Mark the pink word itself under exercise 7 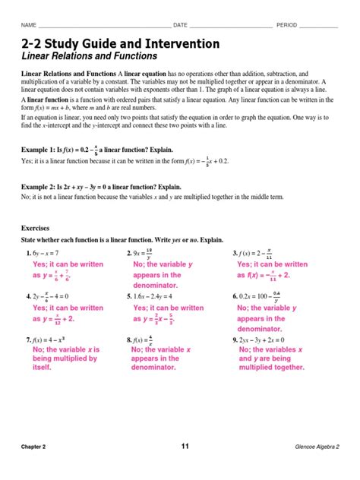(42, 367)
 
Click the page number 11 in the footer (185, 446)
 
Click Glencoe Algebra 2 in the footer (317, 447)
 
